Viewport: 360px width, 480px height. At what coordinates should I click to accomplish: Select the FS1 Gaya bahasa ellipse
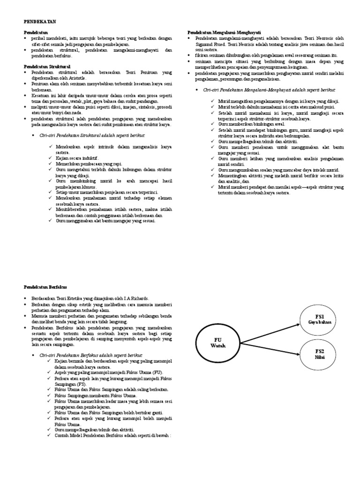click(320, 319)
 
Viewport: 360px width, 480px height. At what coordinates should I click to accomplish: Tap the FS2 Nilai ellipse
click(320, 354)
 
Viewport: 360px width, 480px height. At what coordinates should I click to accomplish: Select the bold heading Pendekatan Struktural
click(47, 67)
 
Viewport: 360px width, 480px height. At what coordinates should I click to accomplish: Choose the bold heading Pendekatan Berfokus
click(45, 286)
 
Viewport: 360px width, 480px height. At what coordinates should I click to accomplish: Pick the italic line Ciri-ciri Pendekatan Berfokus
click(91, 355)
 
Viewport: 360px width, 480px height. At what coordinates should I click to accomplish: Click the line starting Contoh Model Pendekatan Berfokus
click(112, 435)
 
